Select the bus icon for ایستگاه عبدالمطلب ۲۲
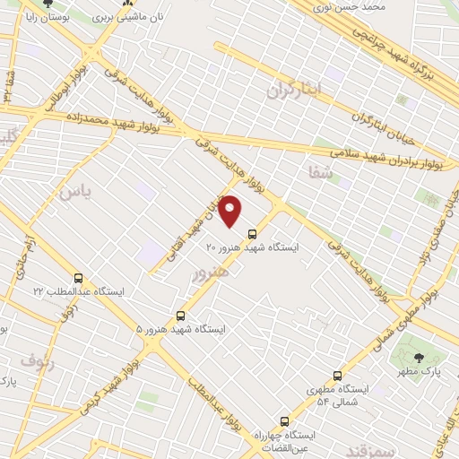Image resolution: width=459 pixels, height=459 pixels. pyautogui.click(x=79, y=279)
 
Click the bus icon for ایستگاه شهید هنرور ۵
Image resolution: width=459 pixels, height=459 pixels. pyautogui.click(x=181, y=316)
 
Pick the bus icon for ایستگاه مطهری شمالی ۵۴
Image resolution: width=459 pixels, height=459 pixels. pyautogui.click(x=337, y=376)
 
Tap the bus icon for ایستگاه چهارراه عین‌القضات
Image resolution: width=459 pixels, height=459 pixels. pyautogui.click(x=285, y=420)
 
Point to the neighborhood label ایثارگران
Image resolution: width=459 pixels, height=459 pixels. pyautogui.click(x=293, y=91)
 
